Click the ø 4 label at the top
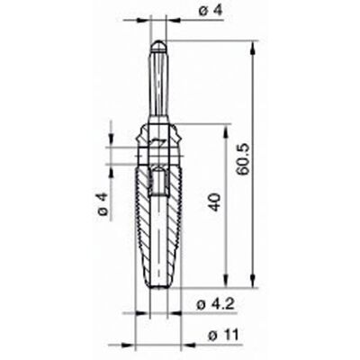pos(210,11)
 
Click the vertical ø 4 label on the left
pos(103,205)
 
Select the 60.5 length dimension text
pos(242,158)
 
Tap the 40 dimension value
pos(215,202)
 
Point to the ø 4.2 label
pos(215,305)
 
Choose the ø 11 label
pos(223,335)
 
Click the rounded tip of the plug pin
pos(158,45)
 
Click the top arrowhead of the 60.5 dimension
pos(254,48)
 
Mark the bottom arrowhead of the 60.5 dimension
pos(254,280)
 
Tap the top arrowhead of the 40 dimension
pos(227,130)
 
